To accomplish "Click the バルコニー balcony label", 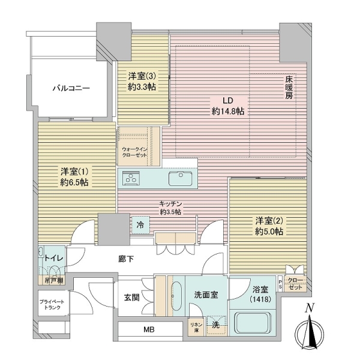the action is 71,88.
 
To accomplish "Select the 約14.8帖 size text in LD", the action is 228,112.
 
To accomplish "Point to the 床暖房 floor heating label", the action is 289,88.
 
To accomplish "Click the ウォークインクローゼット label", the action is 134,152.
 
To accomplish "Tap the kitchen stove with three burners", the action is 131,178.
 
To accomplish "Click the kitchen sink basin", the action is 181,179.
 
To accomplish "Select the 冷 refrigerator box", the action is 140,225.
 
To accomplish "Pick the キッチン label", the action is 170,203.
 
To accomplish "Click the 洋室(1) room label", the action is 74,172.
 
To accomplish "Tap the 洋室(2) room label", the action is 269,221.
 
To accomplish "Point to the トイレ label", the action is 54,258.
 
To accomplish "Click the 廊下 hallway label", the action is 126,259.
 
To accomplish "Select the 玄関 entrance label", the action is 132,298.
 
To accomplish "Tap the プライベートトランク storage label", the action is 52,305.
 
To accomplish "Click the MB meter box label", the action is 149,329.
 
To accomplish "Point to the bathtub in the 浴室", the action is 253,322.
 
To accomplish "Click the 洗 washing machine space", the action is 216,325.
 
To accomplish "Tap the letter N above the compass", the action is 309,308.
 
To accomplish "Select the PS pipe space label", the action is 280,284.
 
